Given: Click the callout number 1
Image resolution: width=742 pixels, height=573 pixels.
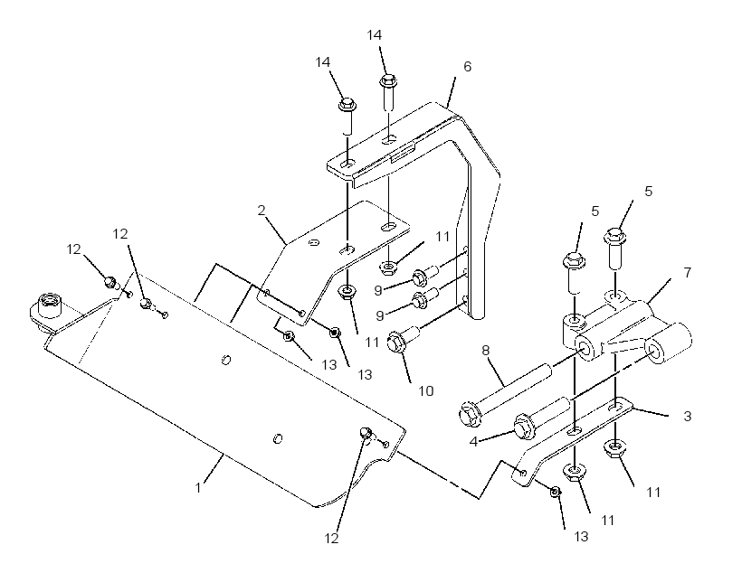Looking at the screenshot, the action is click(199, 487).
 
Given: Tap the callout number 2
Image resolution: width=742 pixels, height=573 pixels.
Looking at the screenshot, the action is click(262, 211).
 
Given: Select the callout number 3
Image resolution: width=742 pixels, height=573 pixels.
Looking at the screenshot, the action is click(687, 417).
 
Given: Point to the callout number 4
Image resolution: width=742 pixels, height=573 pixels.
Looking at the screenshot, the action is click(473, 442).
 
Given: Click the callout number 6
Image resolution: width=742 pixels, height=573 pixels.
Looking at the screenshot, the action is click(468, 67).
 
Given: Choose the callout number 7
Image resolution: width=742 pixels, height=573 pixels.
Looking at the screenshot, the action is click(687, 272).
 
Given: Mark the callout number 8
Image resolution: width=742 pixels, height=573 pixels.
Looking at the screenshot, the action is click(486, 351).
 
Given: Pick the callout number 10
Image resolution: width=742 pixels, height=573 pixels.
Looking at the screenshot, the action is click(426, 391).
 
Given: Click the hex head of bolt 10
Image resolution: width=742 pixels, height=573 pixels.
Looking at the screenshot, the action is click(396, 343).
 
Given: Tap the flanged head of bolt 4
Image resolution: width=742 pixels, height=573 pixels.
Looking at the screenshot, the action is click(523, 426).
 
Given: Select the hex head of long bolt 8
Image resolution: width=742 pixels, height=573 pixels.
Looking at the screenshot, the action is click(471, 415).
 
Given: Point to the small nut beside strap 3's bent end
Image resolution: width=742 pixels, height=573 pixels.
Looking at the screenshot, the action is click(556, 492).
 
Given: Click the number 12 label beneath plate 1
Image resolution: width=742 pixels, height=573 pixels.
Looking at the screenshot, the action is click(332, 539).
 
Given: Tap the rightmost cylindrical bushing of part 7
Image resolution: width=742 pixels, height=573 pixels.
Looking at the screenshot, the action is click(668, 343).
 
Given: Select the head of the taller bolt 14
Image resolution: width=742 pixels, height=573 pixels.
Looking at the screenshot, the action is click(388, 80).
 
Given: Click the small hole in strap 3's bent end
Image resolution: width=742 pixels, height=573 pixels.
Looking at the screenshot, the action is click(523, 473).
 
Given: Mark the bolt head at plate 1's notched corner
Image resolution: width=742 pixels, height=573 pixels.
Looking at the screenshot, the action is click(366, 433).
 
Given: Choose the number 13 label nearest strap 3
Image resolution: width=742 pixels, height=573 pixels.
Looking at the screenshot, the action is click(581, 537).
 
